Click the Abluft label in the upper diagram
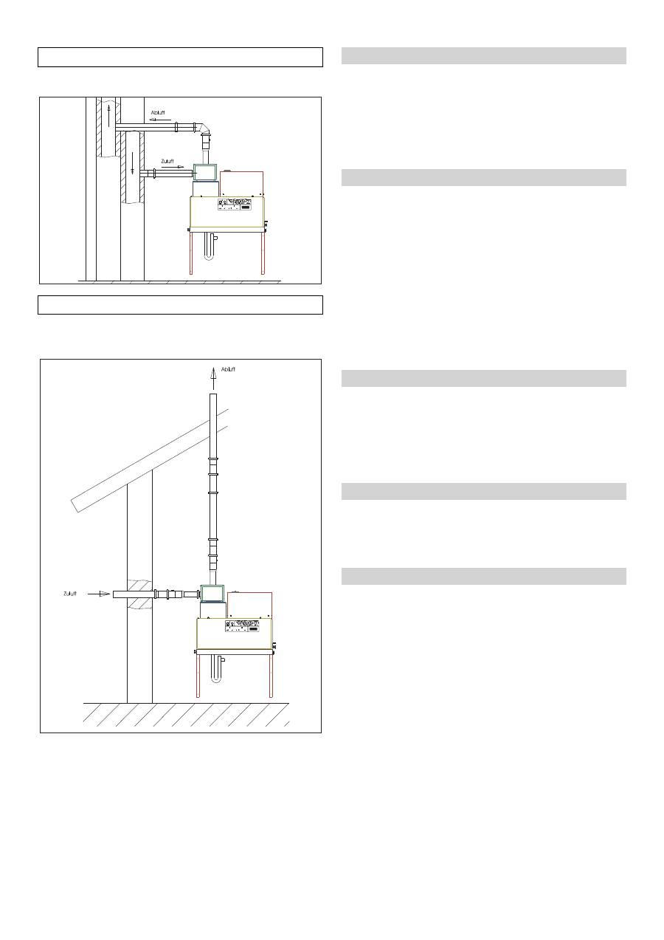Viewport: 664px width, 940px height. coord(158,113)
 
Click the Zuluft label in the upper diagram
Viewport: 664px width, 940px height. coord(168,161)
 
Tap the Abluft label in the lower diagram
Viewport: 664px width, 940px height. coord(229,368)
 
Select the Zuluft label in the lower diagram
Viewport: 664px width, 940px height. coord(70,593)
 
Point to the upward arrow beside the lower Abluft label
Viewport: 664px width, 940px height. coord(213,377)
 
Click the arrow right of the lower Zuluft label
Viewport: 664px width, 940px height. coord(100,593)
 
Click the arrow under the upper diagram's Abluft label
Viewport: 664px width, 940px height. coord(157,119)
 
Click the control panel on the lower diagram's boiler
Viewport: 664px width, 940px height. coord(243,625)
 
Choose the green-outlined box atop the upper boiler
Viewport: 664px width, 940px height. coord(205,172)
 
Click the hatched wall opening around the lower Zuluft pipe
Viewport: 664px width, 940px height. coord(139,594)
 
